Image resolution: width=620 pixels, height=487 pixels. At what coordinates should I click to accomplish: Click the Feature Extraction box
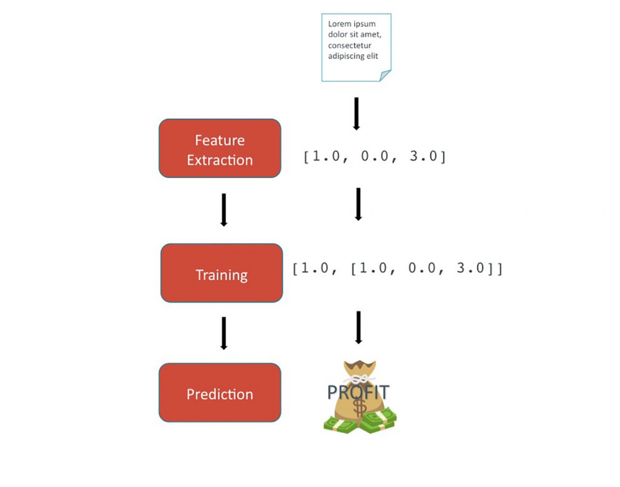220,148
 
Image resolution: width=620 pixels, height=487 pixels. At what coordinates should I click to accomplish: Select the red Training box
222,273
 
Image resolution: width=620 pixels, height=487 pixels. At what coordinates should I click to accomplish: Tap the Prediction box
220,393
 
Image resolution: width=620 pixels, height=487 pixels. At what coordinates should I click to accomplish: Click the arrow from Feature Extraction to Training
224,209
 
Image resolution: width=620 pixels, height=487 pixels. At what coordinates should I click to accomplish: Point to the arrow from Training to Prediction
224,333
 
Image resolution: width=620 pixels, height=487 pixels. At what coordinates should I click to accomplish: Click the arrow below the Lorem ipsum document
357,114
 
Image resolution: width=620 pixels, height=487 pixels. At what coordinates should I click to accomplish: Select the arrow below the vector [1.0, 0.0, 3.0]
358,204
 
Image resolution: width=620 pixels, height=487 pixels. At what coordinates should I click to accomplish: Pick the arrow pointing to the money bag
358,327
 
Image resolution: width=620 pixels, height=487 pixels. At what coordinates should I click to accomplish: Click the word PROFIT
358,392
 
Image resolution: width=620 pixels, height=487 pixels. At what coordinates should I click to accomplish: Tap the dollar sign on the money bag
360,407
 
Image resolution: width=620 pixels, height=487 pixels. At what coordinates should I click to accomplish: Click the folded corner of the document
385,75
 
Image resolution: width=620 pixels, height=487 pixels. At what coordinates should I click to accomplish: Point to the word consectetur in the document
350,45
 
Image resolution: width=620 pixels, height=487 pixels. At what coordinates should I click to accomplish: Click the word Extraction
220,160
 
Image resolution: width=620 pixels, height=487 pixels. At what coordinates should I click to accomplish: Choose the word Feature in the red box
220,140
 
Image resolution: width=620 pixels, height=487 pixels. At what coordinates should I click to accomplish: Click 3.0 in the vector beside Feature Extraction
422,157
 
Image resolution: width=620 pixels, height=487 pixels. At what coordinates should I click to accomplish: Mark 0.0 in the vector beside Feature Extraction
374,157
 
